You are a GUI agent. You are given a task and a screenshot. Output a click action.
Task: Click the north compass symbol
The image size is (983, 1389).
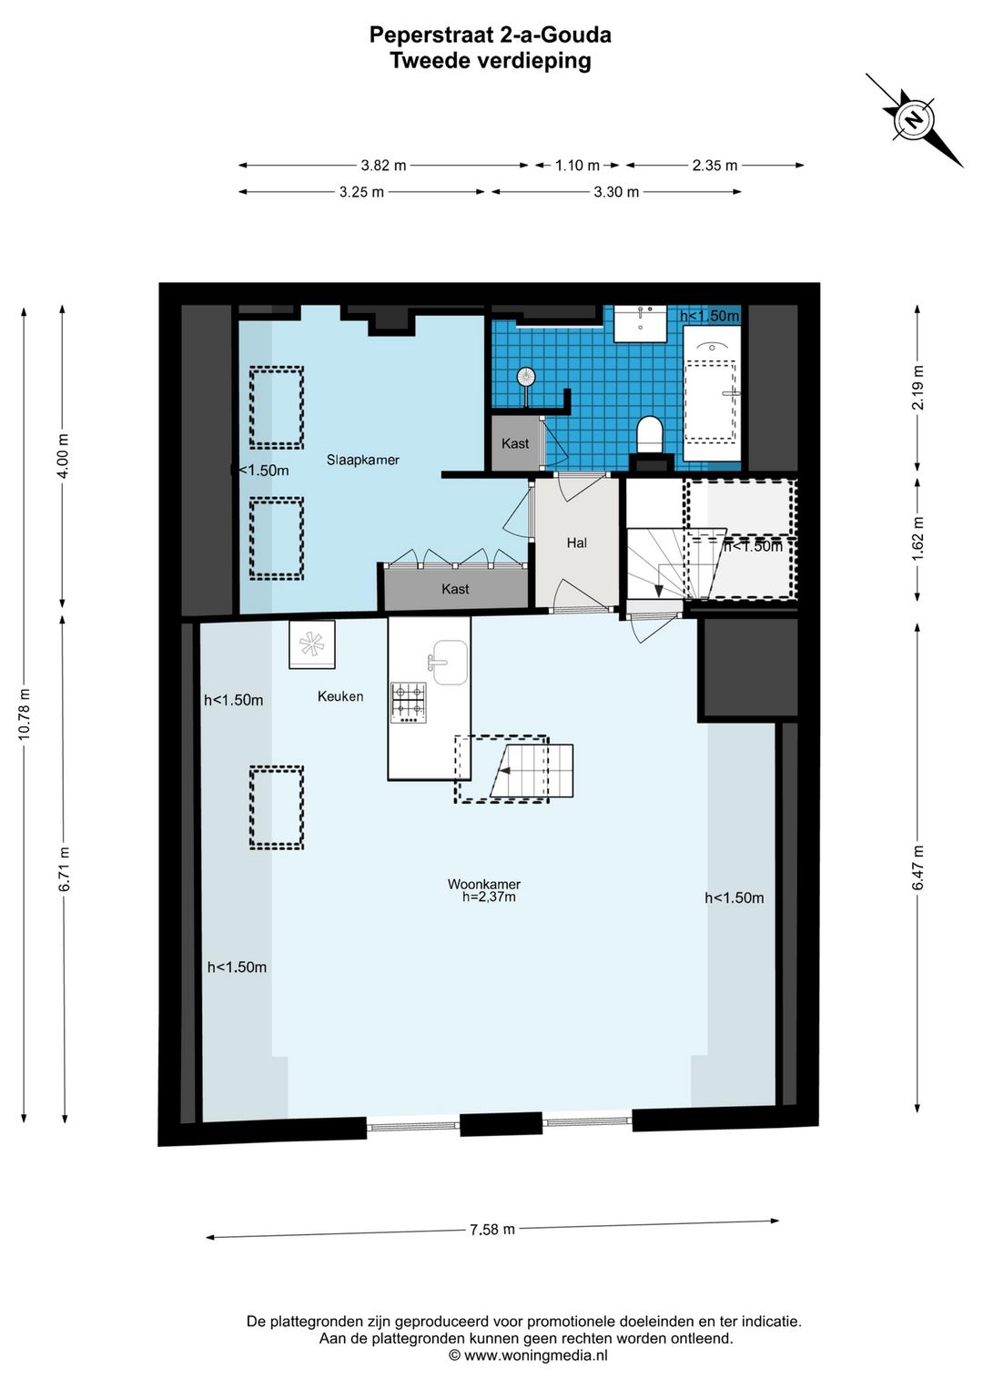(913, 119)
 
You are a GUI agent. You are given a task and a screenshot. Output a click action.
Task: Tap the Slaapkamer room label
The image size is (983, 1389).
(363, 460)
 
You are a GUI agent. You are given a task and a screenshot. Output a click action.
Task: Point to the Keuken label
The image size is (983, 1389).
(340, 696)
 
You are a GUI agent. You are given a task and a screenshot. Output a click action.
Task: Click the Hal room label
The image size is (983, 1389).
(577, 543)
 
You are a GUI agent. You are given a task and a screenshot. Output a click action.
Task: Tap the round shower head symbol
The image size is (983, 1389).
(526, 376)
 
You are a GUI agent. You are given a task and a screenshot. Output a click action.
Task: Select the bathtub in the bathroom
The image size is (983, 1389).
(712, 392)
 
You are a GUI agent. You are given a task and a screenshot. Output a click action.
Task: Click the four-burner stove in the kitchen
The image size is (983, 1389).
(409, 704)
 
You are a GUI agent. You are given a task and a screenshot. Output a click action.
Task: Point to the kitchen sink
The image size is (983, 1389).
(448, 663)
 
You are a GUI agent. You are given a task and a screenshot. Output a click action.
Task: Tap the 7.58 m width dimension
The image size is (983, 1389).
(492, 1230)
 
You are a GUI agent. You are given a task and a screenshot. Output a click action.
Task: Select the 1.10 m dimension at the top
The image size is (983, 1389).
(577, 166)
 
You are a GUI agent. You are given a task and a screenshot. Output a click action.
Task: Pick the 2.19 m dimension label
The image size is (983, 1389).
(917, 387)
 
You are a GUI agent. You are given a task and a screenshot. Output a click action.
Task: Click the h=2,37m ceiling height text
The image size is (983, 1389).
(489, 897)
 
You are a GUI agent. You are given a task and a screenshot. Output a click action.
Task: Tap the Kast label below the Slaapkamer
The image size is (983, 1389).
(455, 589)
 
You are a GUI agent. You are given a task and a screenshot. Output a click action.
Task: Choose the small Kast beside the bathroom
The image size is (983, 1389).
(515, 443)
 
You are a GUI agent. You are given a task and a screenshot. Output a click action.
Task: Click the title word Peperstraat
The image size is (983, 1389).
(431, 36)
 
